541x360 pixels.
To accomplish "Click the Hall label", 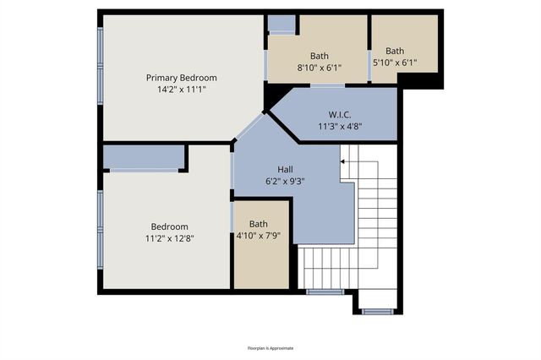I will pyautogui.click(x=286, y=168).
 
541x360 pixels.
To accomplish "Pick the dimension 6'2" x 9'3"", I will pyautogui.click(x=286, y=180).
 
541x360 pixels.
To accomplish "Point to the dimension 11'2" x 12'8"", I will pyautogui.click(x=169, y=238).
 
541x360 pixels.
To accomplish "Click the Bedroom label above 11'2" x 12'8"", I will pyautogui.click(x=169, y=226).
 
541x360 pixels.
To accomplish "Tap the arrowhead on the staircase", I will pyautogui.click(x=343, y=160).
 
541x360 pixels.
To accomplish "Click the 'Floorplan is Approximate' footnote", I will pyautogui.click(x=270, y=347).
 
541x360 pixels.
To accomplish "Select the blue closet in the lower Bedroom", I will pyautogui.click(x=144, y=156).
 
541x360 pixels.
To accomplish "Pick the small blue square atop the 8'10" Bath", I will pyautogui.click(x=282, y=24).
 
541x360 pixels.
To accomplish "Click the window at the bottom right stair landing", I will pyautogui.click(x=377, y=311).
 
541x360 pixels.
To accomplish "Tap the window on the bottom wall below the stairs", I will pyautogui.click(x=324, y=292).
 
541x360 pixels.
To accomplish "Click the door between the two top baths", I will pyautogui.click(x=369, y=51).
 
